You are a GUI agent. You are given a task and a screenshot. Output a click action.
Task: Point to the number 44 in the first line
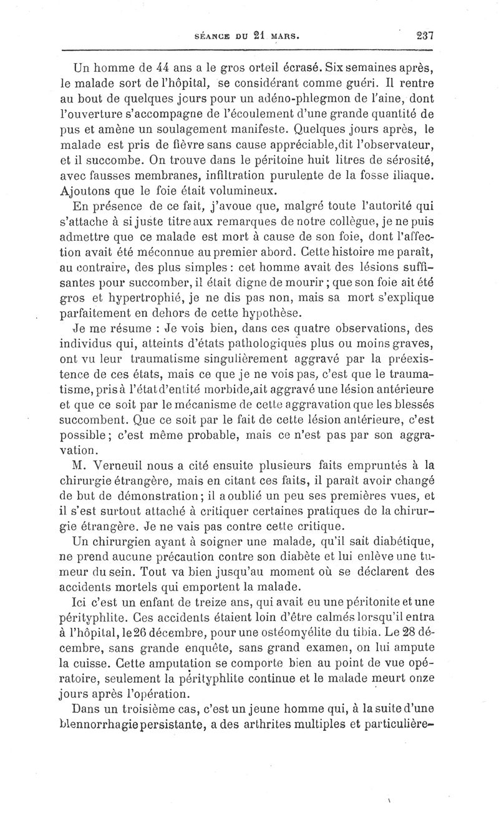tap(159, 65)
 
